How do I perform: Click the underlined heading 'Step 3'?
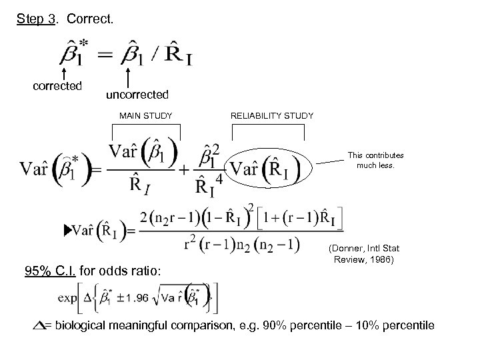pos(37,19)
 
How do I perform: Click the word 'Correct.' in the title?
pos(91,19)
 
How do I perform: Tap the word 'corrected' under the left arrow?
pos(58,85)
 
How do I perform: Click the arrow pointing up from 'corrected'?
pos(63,72)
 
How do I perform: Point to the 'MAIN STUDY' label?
pos(146,116)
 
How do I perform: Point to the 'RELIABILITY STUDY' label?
pos(272,116)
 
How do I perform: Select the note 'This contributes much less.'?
pos(375,161)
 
